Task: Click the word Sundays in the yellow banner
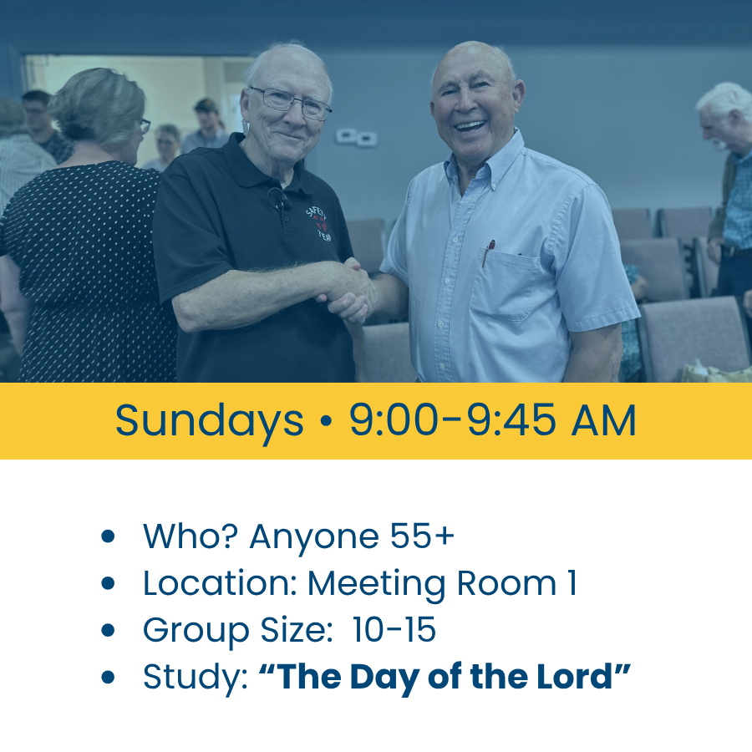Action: click(209, 421)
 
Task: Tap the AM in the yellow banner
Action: click(603, 420)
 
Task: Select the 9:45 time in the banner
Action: click(511, 420)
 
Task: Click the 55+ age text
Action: click(422, 536)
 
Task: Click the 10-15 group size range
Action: click(394, 629)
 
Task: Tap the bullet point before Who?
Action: click(109, 536)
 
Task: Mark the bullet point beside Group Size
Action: click(109, 630)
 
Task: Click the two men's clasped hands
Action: click(348, 290)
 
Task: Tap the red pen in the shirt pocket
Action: click(489, 252)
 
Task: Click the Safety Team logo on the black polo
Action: click(319, 223)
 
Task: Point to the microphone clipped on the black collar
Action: click(279, 199)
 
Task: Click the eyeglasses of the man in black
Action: click(290, 102)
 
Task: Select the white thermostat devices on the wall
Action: click(356, 137)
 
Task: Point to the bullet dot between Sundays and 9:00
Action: click(326, 421)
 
